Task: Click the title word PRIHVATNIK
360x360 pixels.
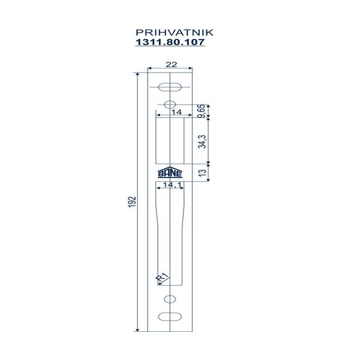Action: (175, 32)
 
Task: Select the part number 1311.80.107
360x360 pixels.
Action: (170, 42)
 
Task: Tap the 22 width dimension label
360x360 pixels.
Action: (172, 65)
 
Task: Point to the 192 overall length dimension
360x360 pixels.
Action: (132, 202)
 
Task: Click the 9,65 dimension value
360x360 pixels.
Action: (202, 111)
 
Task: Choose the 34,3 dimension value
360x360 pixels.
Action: (202, 142)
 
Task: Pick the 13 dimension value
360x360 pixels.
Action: (203, 173)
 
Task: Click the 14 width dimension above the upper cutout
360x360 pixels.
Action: (177, 112)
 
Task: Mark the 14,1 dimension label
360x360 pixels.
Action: (172, 185)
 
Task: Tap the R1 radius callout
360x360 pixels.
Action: (162, 277)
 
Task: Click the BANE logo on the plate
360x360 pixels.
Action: (170, 172)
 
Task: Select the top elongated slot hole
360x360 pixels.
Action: (170, 87)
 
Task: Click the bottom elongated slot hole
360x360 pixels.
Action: (170, 317)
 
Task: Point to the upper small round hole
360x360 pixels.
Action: (170, 104)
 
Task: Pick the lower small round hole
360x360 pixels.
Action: (170, 299)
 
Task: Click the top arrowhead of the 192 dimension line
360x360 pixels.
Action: (137, 74)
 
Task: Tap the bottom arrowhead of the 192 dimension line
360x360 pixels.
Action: (137, 330)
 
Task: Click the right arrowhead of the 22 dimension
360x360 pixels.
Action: (191, 68)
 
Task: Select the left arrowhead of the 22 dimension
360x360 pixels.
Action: (149, 68)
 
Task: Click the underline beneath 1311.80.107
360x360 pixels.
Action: (170, 46)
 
